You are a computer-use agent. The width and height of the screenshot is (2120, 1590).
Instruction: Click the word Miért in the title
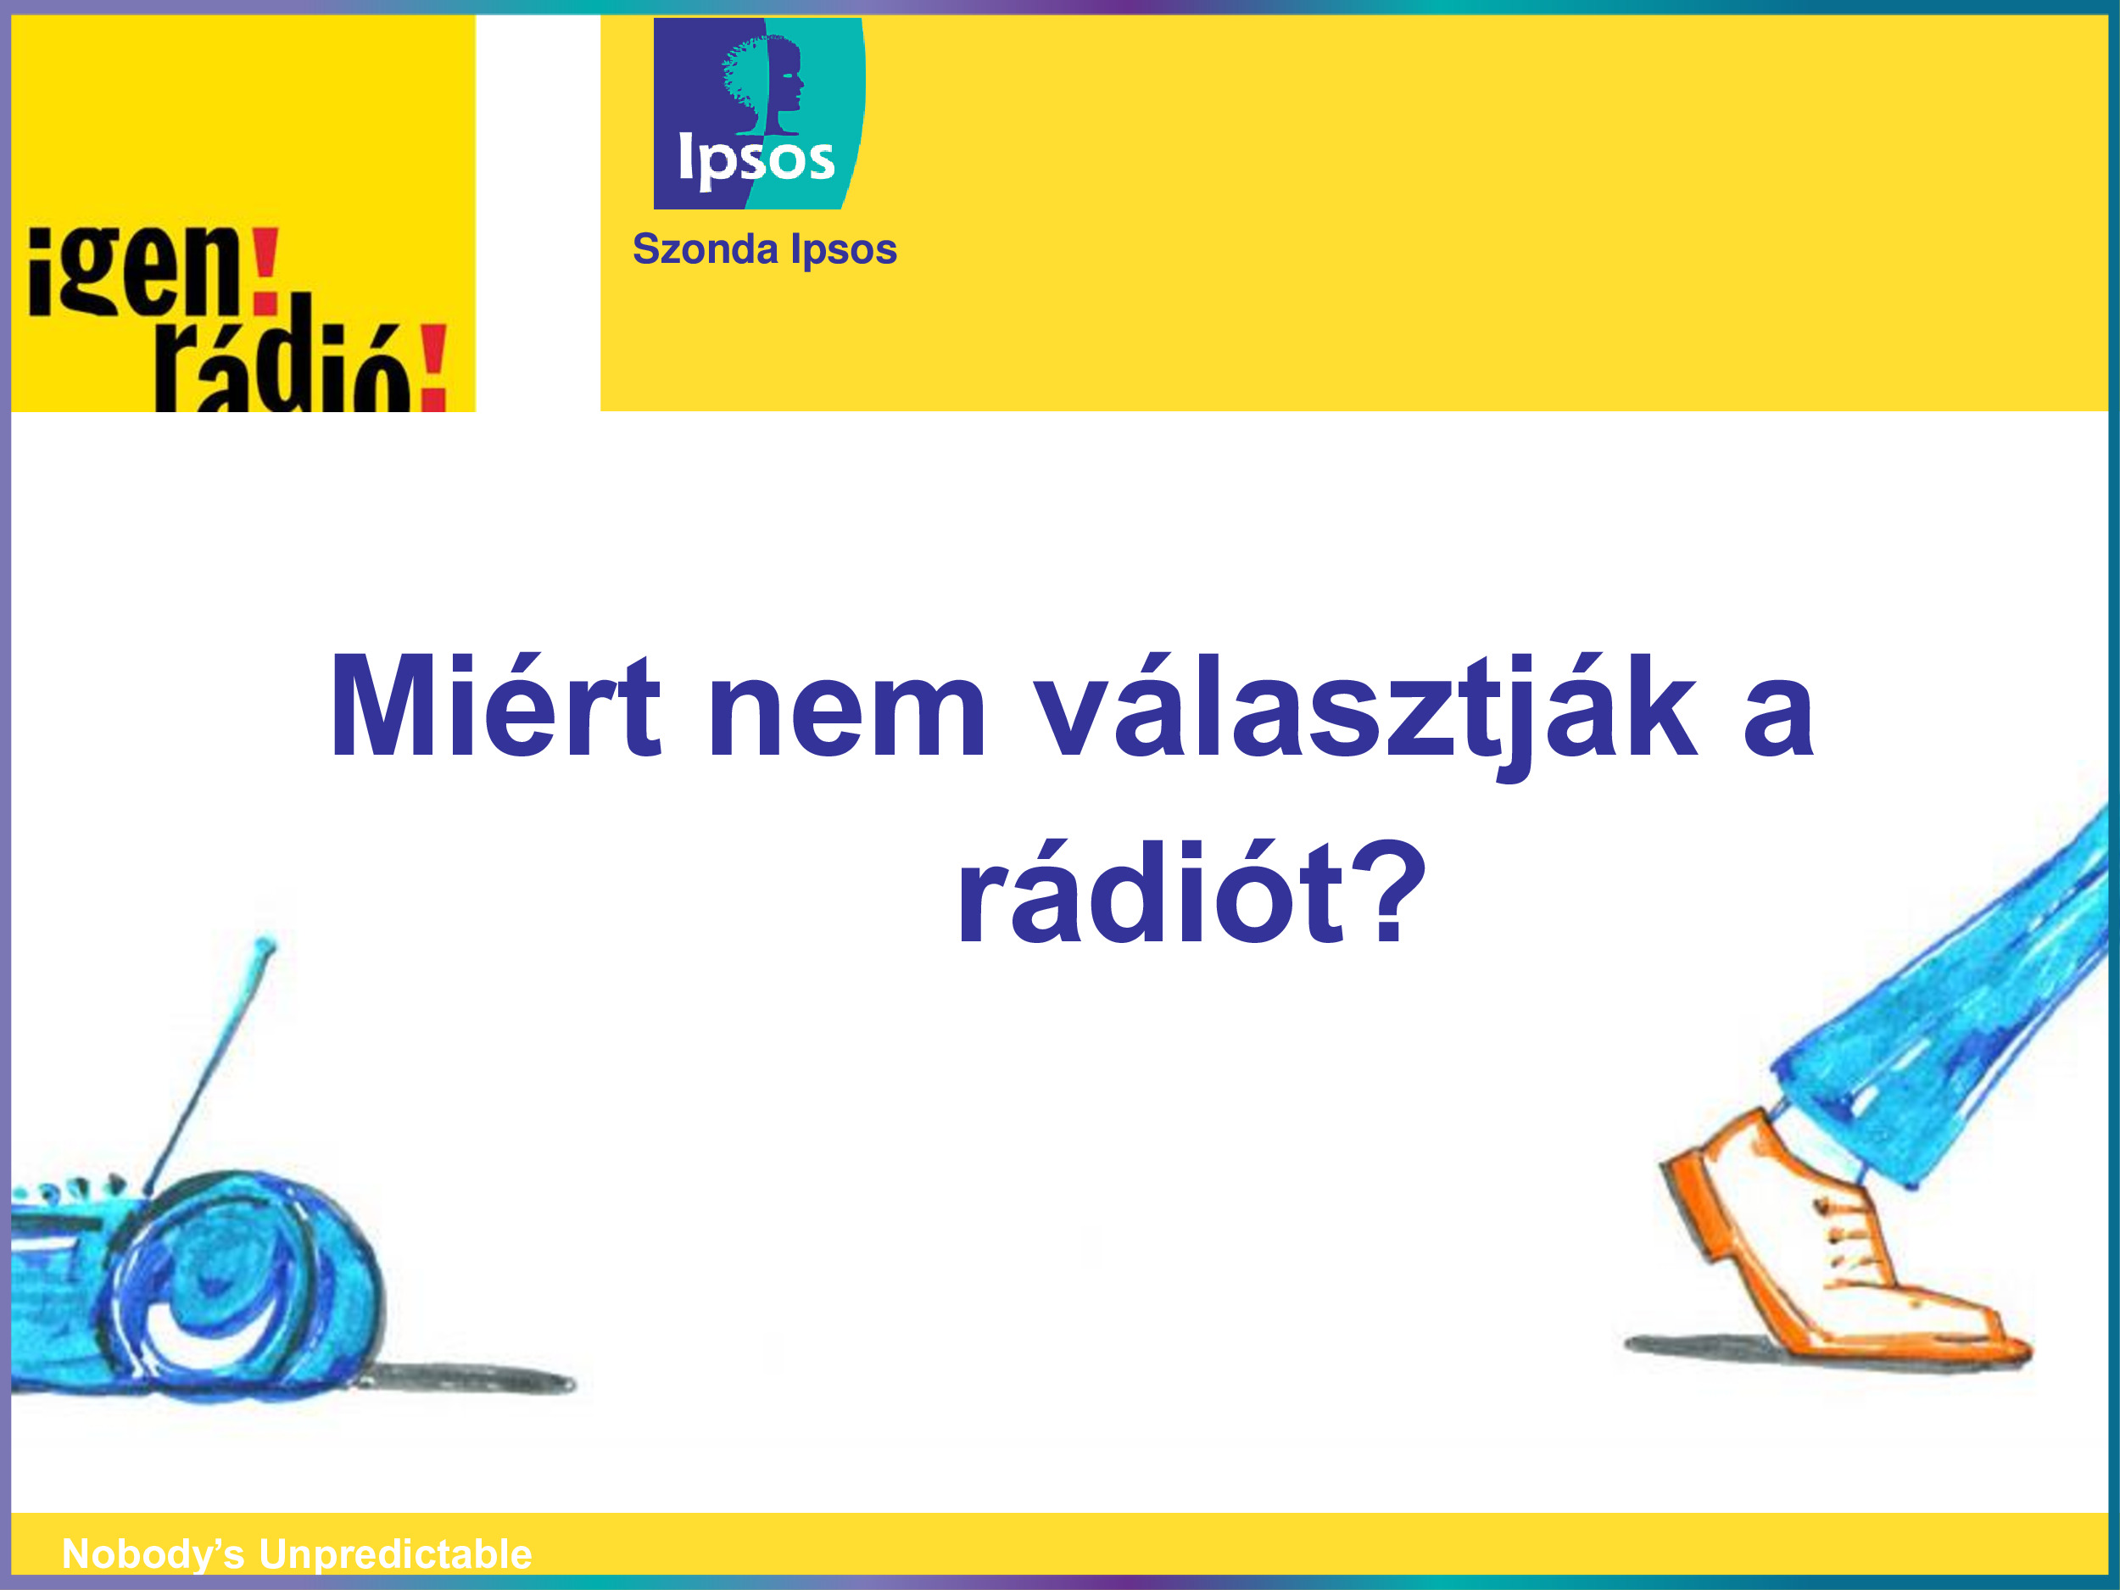494,706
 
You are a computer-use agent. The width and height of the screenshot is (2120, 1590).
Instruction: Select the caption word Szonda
705,249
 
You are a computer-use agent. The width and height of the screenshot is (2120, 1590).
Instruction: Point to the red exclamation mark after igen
265,271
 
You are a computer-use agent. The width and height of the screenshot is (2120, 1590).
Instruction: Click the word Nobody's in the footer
153,1554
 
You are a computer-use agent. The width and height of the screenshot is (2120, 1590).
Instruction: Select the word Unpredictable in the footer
395,1554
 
